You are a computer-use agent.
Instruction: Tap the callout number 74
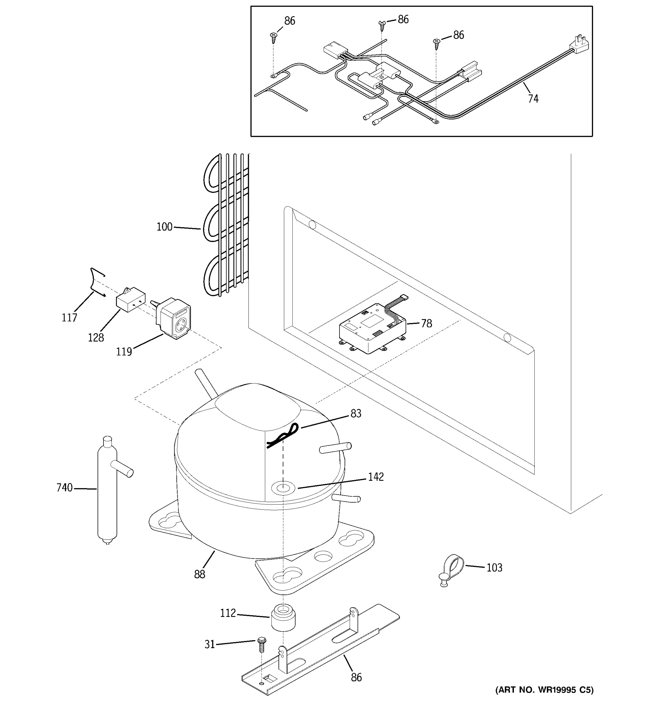[533, 99]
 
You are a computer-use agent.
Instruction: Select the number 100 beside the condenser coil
[164, 227]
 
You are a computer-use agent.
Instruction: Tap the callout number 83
[356, 414]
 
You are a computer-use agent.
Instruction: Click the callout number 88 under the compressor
[199, 574]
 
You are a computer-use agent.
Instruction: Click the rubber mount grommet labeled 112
[283, 617]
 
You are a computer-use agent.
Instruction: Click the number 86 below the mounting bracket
[356, 677]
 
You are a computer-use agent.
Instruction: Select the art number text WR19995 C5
[544, 690]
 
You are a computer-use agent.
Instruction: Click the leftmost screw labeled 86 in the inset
[273, 36]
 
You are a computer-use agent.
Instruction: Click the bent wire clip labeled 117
[96, 283]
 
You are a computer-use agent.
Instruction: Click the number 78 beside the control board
[426, 324]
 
